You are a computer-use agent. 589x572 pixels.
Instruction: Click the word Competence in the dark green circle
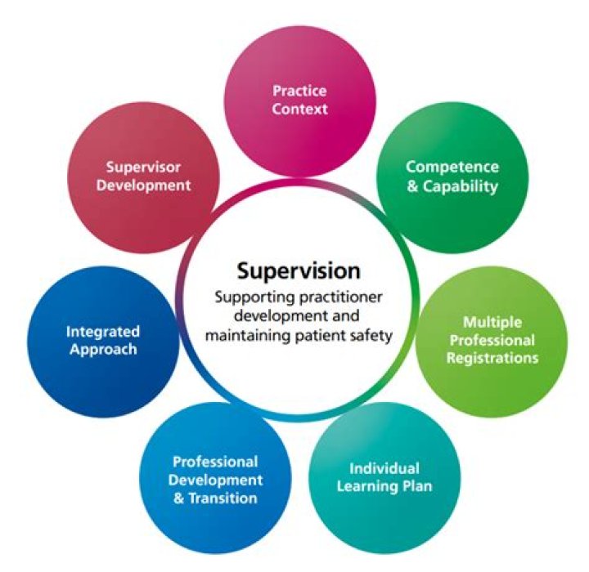[x=452, y=167]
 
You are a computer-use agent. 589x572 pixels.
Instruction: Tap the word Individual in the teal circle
[x=384, y=469]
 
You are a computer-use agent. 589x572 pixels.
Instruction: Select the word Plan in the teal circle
[x=416, y=487]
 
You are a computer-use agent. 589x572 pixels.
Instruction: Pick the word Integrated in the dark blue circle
[x=103, y=332]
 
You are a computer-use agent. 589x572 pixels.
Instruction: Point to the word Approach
[x=103, y=350]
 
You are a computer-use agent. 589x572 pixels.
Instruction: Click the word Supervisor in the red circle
[x=144, y=167]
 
